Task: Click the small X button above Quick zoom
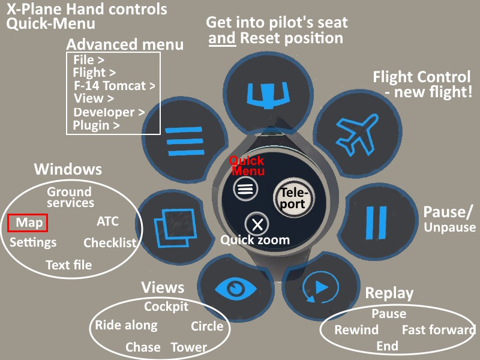tap(257, 224)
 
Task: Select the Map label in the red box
tap(28, 223)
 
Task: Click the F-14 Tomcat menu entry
tap(113, 86)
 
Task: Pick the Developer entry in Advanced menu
tap(108, 112)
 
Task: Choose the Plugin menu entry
tap(95, 125)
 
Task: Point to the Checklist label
tap(110, 243)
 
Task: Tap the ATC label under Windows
tap(107, 221)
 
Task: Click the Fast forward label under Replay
tap(438, 330)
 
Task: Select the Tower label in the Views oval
tap(189, 347)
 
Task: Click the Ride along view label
tap(126, 326)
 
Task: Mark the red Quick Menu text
tap(247, 166)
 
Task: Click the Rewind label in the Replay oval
tap(356, 330)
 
